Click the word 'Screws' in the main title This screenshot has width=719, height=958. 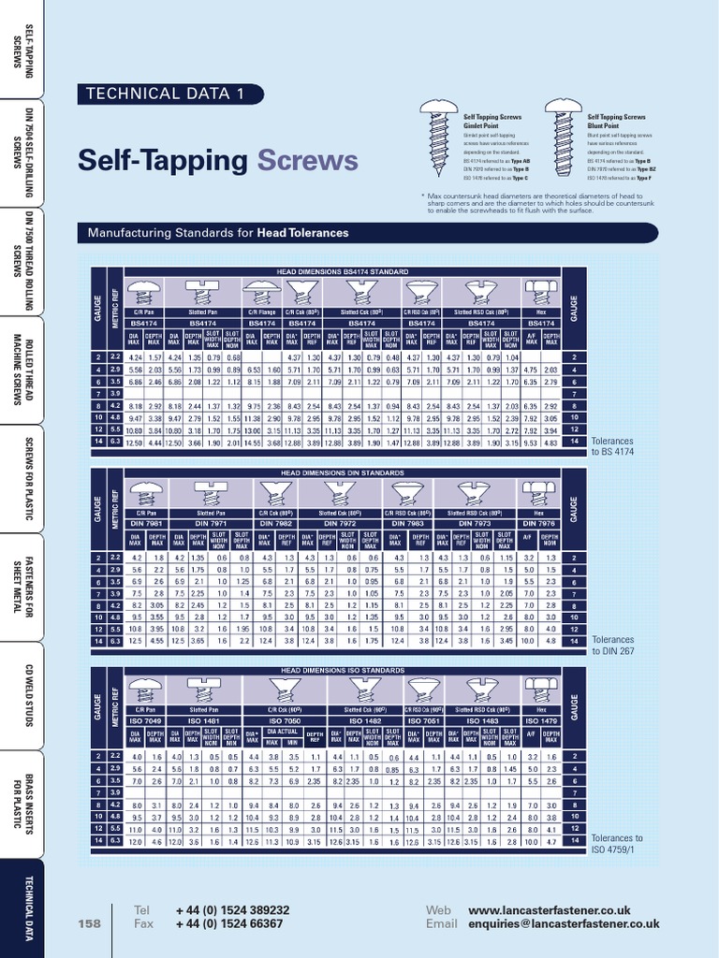pyautogui.click(x=308, y=160)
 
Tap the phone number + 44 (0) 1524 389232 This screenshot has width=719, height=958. pyautogui.click(x=231, y=909)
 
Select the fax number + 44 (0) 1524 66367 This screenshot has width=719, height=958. pyautogui.click(x=227, y=923)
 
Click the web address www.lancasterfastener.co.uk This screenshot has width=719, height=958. pyautogui.click(x=549, y=909)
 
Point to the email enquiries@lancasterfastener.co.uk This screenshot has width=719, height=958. pyautogui.click(x=564, y=923)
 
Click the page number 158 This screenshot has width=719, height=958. pyautogui.click(x=89, y=923)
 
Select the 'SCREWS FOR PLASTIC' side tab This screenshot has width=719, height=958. pyautogui.click(x=22, y=479)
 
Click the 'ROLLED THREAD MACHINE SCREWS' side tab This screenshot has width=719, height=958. pyautogui.click(x=22, y=370)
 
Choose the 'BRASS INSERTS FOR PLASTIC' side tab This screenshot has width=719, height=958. pyautogui.click(x=22, y=804)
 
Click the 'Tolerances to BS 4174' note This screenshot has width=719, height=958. pyautogui.click(x=614, y=445)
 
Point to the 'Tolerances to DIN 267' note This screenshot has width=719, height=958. pyautogui.click(x=612, y=646)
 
